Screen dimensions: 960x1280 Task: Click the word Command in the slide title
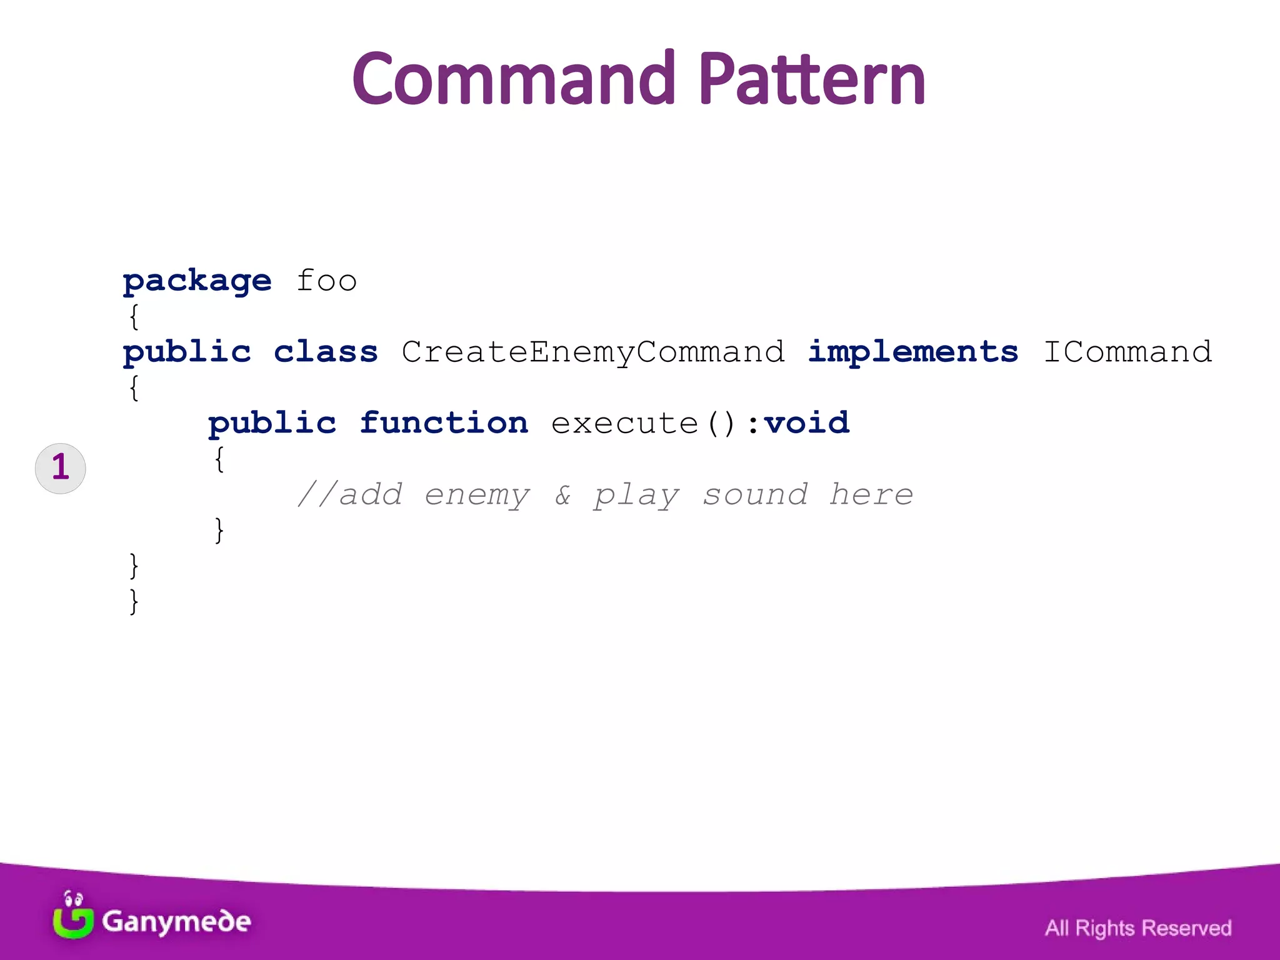(x=514, y=79)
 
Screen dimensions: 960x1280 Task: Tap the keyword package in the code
(x=197, y=281)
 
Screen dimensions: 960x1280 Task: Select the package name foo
(x=326, y=281)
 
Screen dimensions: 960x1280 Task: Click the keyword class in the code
(x=326, y=352)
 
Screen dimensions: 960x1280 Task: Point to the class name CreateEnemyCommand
(x=592, y=352)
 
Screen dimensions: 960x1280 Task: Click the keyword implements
(x=912, y=352)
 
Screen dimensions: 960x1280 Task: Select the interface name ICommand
(x=1127, y=352)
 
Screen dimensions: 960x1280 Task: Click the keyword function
(x=444, y=423)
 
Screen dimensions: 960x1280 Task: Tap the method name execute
(x=624, y=424)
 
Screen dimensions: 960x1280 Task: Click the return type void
(x=806, y=423)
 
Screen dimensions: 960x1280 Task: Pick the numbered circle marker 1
(x=61, y=468)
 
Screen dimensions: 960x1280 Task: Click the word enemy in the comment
(x=477, y=495)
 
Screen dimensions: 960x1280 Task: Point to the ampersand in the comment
(x=562, y=495)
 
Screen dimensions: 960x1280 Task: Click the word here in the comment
(x=871, y=495)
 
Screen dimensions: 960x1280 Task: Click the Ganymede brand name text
(x=176, y=922)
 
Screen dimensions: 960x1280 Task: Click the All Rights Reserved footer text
(x=1137, y=928)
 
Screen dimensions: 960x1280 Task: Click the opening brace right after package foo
(x=134, y=317)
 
